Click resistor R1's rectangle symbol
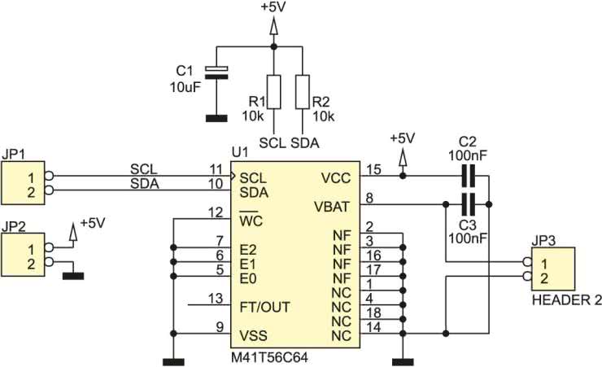click(x=273, y=92)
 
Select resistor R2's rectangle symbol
click(x=303, y=92)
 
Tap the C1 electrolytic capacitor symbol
click(x=216, y=72)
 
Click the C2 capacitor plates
click(x=468, y=177)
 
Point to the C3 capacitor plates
click(x=468, y=204)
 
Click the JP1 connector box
click(x=23, y=183)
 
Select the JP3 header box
click(x=553, y=269)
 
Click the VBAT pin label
click(x=332, y=207)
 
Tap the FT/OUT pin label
click(x=264, y=307)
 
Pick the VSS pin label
click(x=253, y=335)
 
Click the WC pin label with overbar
click(x=251, y=220)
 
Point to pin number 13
click(x=216, y=299)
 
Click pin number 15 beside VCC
click(x=373, y=169)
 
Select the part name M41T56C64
click(x=269, y=358)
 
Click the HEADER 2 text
click(x=567, y=300)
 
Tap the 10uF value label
click(x=185, y=87)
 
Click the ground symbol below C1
click(x=216, y=119)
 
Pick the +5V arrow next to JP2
click(x=73, y=231)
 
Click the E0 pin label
click(x=248, y=278)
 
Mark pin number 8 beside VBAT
click(x=369, y=198)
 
